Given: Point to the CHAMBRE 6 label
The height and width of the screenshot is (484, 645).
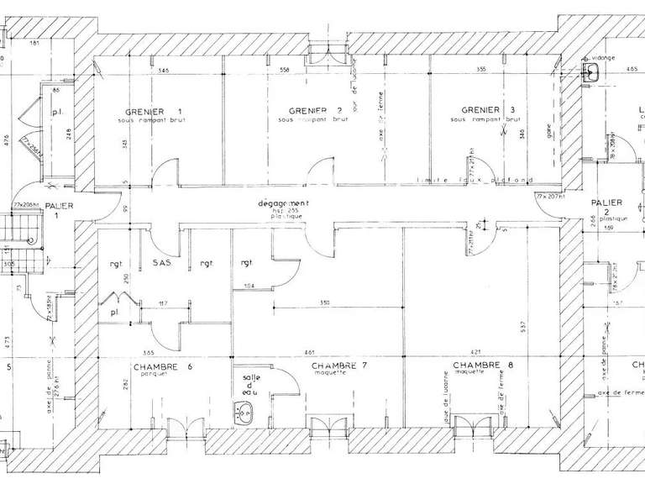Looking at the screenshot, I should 163,367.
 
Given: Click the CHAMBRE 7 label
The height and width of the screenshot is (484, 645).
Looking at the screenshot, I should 340,366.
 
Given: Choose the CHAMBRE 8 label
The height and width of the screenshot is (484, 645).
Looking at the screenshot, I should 482,366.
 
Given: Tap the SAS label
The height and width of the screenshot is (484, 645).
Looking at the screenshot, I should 163,262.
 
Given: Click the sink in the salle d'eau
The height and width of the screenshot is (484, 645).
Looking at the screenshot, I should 246,412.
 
